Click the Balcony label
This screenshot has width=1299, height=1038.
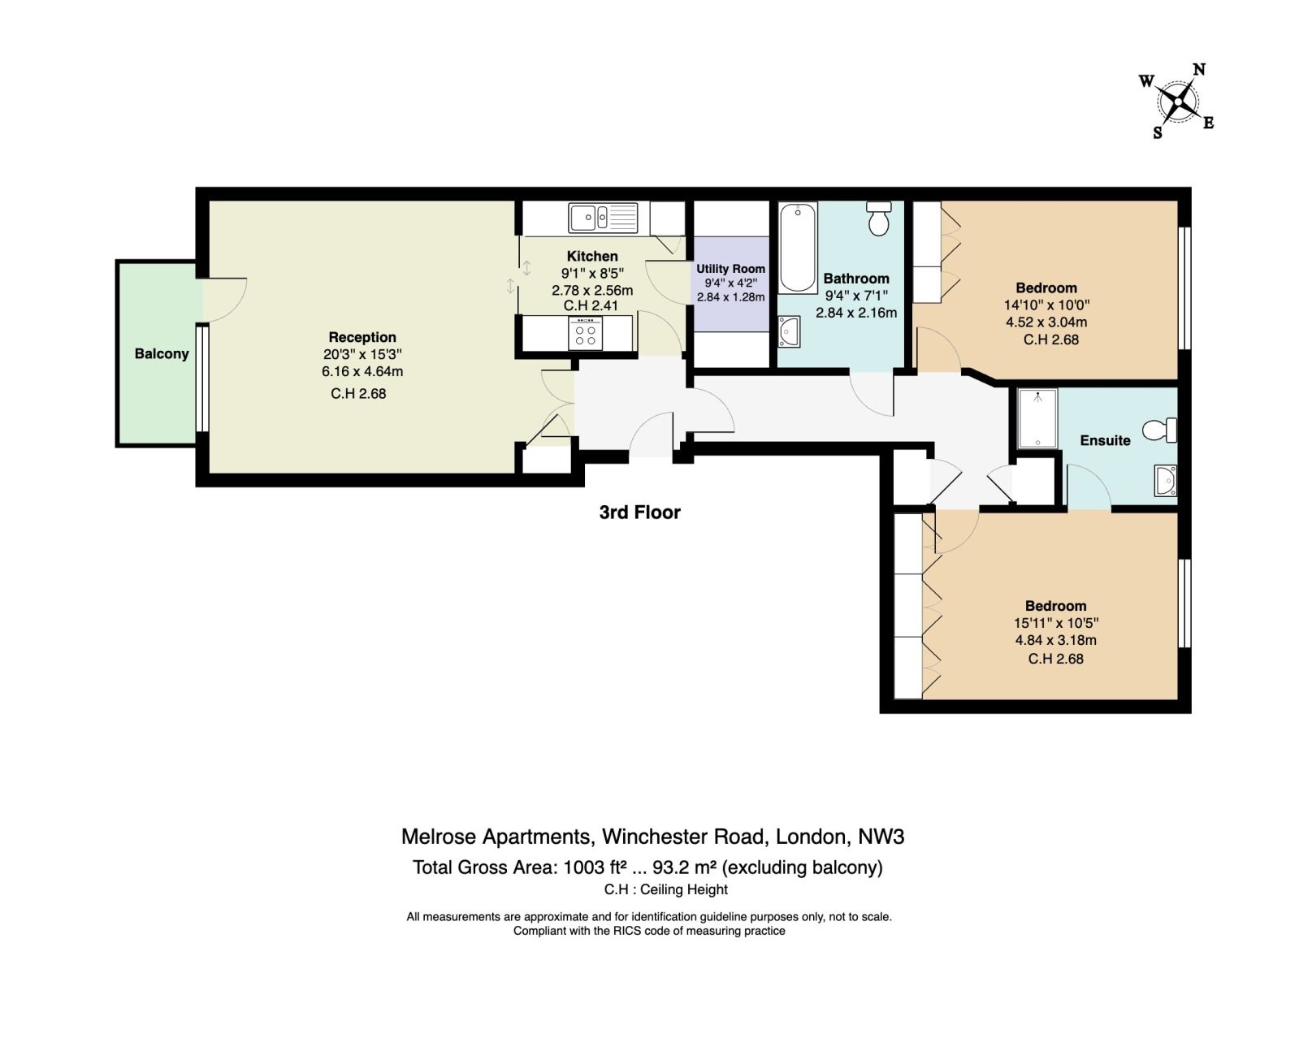click(x=161, y=353)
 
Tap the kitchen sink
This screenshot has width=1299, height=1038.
click(x=603, y=217)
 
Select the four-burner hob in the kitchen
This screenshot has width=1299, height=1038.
click(x=585, y=333)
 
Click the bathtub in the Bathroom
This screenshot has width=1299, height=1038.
click(x=798, y=248)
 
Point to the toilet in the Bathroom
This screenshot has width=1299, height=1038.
click(x=878, y=218)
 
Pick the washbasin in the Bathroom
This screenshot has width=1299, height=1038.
click(x=789, y=331)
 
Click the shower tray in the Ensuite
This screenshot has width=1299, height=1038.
click(x=1037, y=418)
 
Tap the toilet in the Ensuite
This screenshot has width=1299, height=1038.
click(x=1159, y=430)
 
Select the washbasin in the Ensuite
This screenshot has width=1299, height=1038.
click(x=1166, y=480)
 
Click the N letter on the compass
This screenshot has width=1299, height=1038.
click(x=1199, y=70)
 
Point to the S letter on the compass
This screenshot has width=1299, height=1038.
click(x=1157, y=132)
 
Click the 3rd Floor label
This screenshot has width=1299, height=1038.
click(x=640, y=513)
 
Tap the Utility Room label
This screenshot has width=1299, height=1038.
click(x=730, y=269)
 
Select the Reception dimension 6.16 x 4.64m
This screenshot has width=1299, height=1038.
click(x=362, y=371)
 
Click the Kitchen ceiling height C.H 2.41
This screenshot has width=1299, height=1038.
click(x=591, y=305)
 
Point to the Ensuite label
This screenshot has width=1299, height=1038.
click(x=1105, y=440)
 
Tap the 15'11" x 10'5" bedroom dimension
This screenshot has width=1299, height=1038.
click(x=1056, y=623)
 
